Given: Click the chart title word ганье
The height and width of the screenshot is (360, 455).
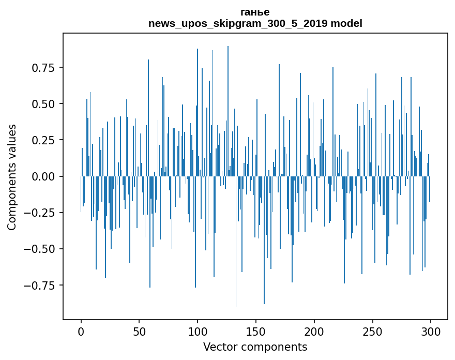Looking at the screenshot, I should [255, 12].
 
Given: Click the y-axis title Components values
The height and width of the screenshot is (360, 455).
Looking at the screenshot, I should [12, 176].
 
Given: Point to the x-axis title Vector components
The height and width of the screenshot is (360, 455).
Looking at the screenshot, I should [255, 347].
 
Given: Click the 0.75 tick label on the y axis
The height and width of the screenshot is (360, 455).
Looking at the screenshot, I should [44, 68].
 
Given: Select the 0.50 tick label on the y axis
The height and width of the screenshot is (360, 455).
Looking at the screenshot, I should [44, 104].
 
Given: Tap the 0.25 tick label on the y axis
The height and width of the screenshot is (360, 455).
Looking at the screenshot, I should [44, 140].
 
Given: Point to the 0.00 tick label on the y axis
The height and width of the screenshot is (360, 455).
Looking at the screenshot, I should [44, 176].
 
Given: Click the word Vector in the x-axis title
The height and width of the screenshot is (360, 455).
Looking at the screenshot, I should [219, 347].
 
